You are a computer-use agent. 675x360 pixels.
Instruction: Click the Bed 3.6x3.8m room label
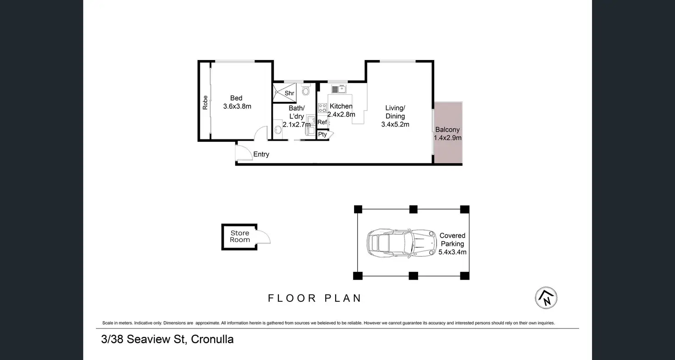(237, 102)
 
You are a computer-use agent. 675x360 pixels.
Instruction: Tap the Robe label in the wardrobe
(205, 102)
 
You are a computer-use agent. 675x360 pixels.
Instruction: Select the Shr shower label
(289, 93)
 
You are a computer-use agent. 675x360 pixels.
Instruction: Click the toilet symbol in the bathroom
(306, 89)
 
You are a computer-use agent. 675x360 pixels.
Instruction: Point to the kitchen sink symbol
(339, 89)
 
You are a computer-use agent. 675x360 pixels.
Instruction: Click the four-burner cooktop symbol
(322, 108)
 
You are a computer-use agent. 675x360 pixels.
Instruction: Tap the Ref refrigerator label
(322, 122)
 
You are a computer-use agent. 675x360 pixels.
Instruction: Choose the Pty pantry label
(322, 134)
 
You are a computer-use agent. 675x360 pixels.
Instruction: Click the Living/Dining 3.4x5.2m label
(395, 116)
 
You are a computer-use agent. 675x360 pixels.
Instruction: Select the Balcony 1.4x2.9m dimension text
(448, 138)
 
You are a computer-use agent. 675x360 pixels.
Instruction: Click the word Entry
(261, 154)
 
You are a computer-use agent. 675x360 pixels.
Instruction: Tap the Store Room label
(240, 237)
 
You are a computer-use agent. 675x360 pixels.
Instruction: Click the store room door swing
(266, 234)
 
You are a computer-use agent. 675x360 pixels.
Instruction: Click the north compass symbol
(546, 298)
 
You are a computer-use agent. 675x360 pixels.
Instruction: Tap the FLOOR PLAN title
(315, 298)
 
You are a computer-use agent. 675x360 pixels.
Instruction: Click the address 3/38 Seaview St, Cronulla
(167, 339)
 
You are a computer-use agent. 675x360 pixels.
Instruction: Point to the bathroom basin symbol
(278, 130)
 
